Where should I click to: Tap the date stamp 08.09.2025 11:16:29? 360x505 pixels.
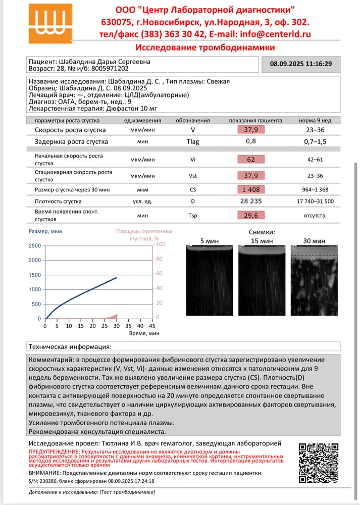click(x=301, y=64)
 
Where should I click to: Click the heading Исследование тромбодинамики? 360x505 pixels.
click(x=205, y=47)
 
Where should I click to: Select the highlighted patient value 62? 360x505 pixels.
click(x=251, y=159)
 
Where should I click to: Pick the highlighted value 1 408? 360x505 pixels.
click(x=251, y=189)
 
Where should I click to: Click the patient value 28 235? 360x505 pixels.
click(x=251, y=201)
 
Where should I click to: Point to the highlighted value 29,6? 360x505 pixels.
click(x=251, y=215)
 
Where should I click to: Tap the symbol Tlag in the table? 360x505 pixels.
click(x=193, y=141)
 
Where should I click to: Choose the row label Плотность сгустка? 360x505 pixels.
click(x=58, y=201)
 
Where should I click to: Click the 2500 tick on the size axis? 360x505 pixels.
click(x=35, y=246)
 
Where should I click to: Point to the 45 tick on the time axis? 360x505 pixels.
click(x=152, y=326)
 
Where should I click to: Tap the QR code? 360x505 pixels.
click(x=318, y=463)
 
